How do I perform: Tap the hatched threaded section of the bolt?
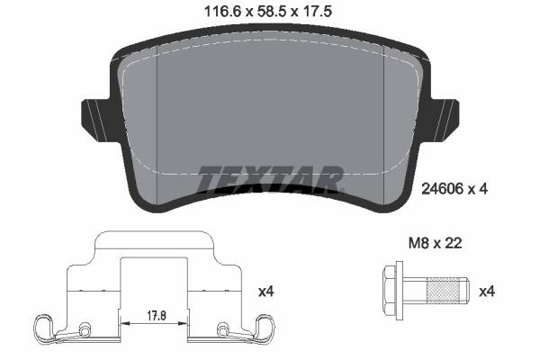443,291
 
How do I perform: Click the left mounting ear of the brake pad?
95,114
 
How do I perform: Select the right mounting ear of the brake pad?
445,114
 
